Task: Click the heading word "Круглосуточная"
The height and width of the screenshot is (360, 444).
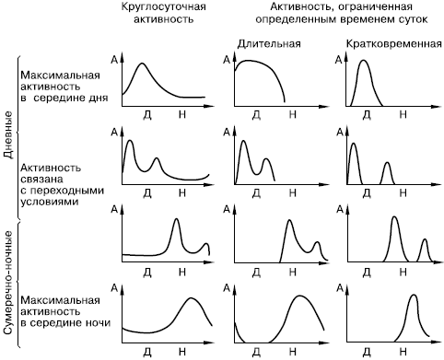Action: (x=163, y=7)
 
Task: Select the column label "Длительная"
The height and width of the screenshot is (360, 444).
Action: (x=269, y=44)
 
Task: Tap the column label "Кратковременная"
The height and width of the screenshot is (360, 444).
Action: (x=394, y=44)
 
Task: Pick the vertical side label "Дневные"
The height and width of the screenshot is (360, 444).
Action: (x=9, y=134)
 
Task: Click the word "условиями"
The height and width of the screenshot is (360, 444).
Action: (x=50, y=202)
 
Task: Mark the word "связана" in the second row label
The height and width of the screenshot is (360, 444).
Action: (x=41, y=180)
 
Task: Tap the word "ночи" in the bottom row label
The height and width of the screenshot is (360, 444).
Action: (x=98, y=323)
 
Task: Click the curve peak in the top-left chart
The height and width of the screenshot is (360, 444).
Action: (x=142, y=64)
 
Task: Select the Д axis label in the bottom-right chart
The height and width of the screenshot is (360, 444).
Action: (x=367, y=352)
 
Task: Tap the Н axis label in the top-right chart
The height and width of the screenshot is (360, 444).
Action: (x=403, y=114)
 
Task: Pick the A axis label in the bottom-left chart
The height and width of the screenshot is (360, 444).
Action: (x=114, y=288)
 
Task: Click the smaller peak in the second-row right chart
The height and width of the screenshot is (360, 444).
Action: (x=388, y=163)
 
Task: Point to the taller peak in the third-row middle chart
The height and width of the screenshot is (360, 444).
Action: (x=289, y=221)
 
